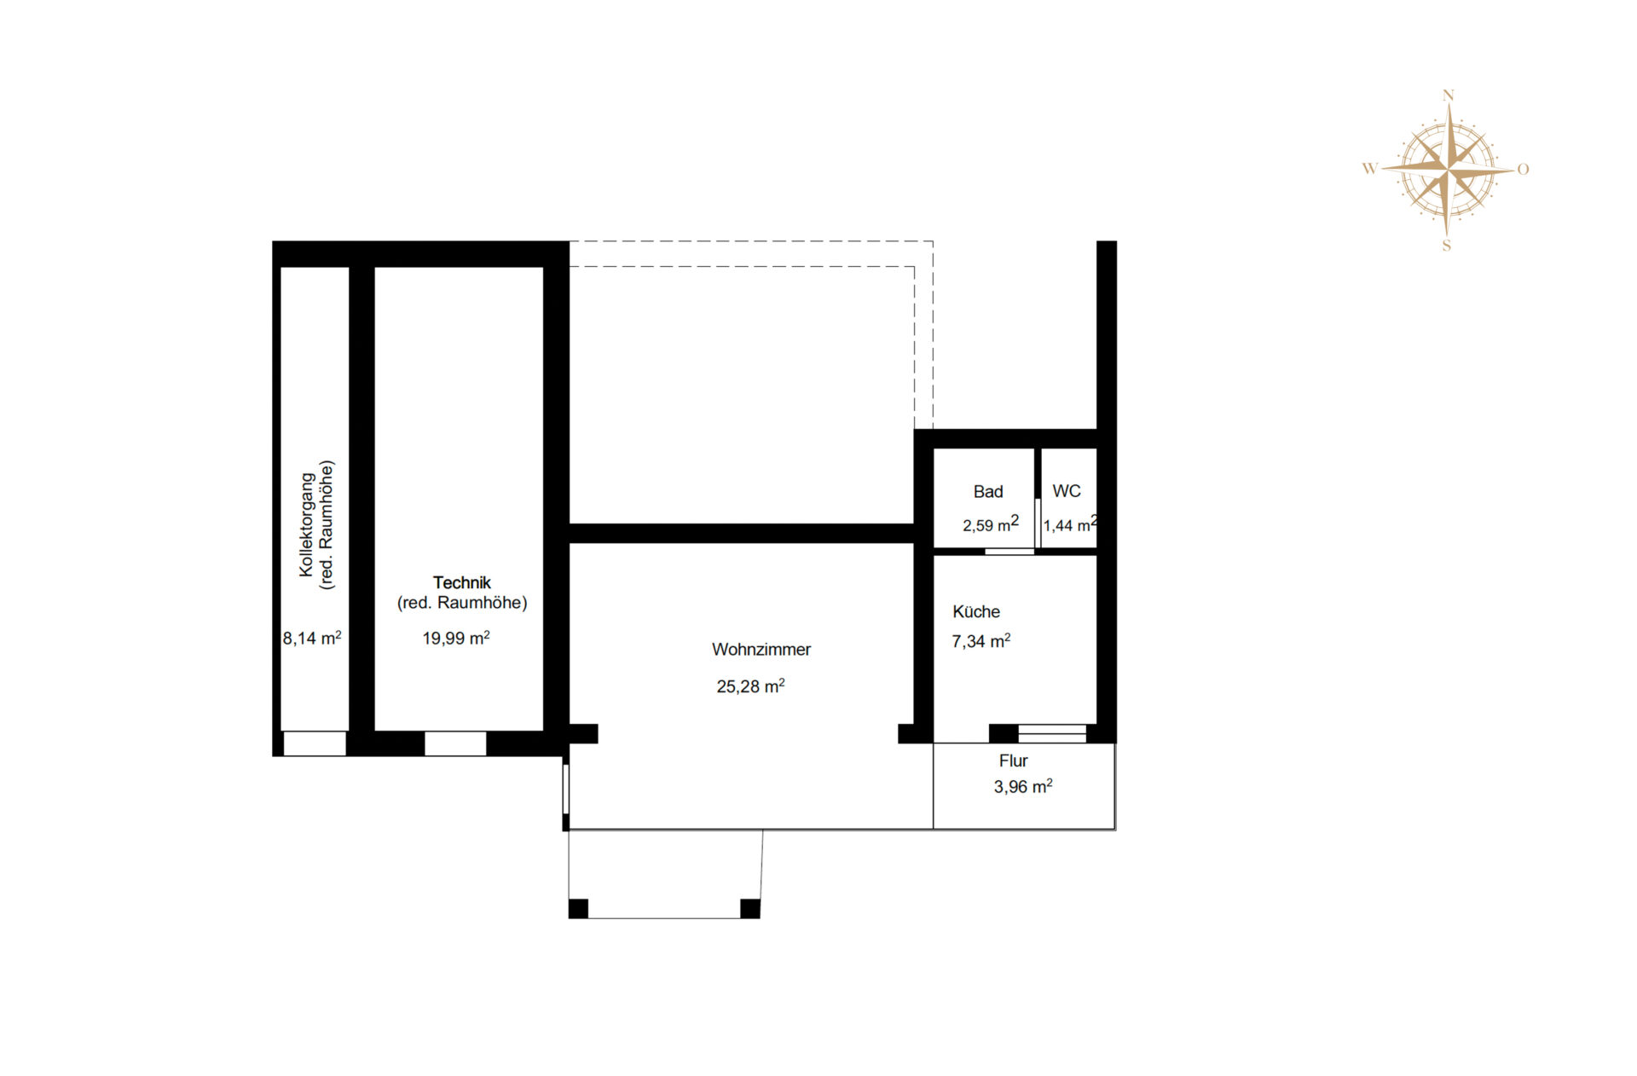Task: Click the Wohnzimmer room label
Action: click(x=761, y=650)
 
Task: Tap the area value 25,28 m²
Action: click(x=749, y=686)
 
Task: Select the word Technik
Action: click(x=461, y=583)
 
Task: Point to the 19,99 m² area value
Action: click(x=455, y=639)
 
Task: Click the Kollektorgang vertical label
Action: click(x=307, y=524)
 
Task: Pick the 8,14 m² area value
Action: click(x=312, y=639)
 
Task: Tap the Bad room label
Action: click(x=987, y=492)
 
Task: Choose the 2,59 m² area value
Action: click(x=990, y=525)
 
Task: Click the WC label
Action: click(x=1066, y=491)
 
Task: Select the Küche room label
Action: click(x=975, y=612)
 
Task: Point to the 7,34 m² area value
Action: click(x=980, y=641)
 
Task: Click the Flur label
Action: click(x=1013, y=761)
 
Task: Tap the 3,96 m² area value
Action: click(x=1022, y=787)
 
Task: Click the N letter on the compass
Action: click(x=1448, y=95)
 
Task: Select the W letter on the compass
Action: click(x=1369, y=169)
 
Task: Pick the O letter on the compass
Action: click(x=1523, y=170)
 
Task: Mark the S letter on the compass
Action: click(x=1446, y=246)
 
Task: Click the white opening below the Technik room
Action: click(x=455, y=743)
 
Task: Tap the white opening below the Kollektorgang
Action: click(x=315, y=743)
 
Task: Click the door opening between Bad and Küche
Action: click(x=1009, y=552)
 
